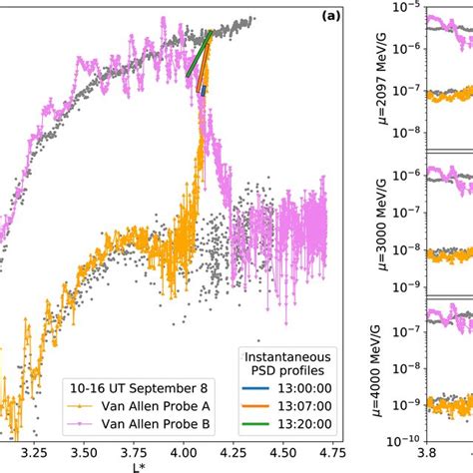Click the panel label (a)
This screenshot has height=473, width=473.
pyautogui.click(x=332, y=14)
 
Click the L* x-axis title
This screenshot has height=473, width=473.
pyautogui.click(x=176, y=466)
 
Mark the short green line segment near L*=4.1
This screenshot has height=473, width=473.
pyautogui.click(x=199, y=55)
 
